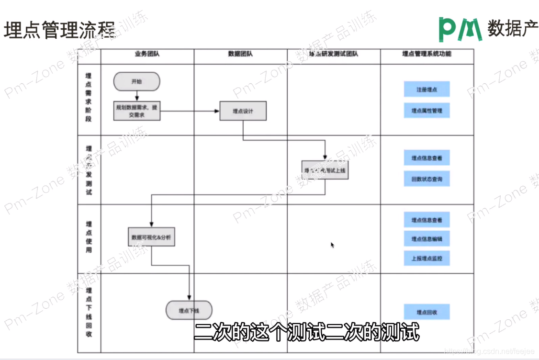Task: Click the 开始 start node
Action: coord(136,81)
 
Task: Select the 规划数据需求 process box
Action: coord(137,111)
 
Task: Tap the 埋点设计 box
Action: coord(243,111)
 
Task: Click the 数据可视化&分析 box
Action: coord(151,237)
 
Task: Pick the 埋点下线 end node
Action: coord(189,310)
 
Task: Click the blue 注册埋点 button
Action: coord(427,90)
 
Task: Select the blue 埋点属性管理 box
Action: coord(427,111)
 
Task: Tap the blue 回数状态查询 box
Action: coord(427,179)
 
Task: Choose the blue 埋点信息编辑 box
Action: coord(427,238)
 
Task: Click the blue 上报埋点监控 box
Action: coord(427,258)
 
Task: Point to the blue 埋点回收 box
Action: coord(427,312)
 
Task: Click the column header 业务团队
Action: coord(147,54)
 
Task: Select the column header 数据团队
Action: coord(240,54)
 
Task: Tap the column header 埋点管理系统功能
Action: coord(427,54)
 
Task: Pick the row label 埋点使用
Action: coord(89,237)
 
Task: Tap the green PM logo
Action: coord(460,29)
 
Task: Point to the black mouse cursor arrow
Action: coord(332,245)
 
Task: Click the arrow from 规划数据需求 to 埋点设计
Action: coord(189,111)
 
